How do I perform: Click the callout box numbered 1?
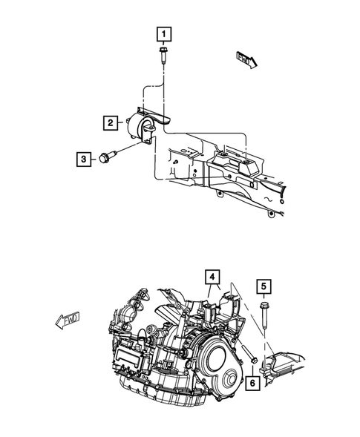[x=162, y=33]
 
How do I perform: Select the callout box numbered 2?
[x=109, y=122]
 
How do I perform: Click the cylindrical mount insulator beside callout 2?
[x=139, y=126]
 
